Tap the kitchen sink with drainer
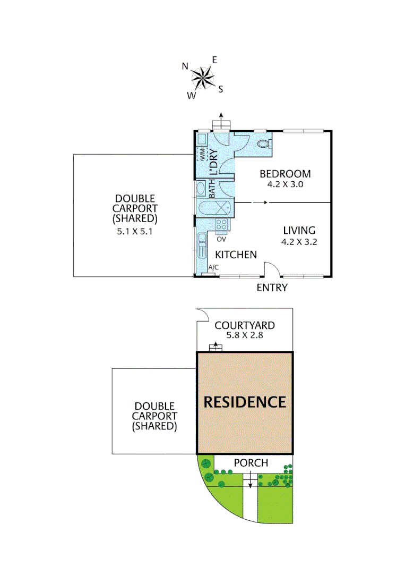[x=203, y=248]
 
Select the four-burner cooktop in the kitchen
[x=222, y=225]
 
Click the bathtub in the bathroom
[x=213, y=208]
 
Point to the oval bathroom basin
[x=201, y=188]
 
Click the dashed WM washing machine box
[x=202, y=154]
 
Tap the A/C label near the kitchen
[x=214, y=267]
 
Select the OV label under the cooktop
[x=220, y=239]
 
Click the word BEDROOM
[x=285, y=174]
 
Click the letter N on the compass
[x=185, y=66]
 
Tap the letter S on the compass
[x=221, y=89]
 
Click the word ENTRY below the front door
[x=272, y=288]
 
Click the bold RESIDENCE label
[x=245, y=402]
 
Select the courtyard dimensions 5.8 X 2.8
[x=244, y=335]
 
